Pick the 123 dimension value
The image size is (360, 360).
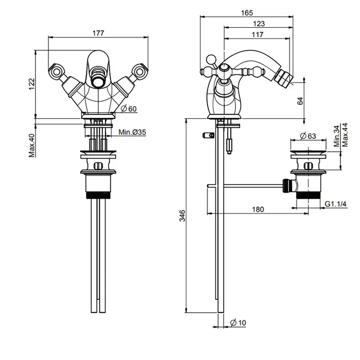(x=259, y=24)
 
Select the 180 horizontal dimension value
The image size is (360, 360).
(x=259, y=209)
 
